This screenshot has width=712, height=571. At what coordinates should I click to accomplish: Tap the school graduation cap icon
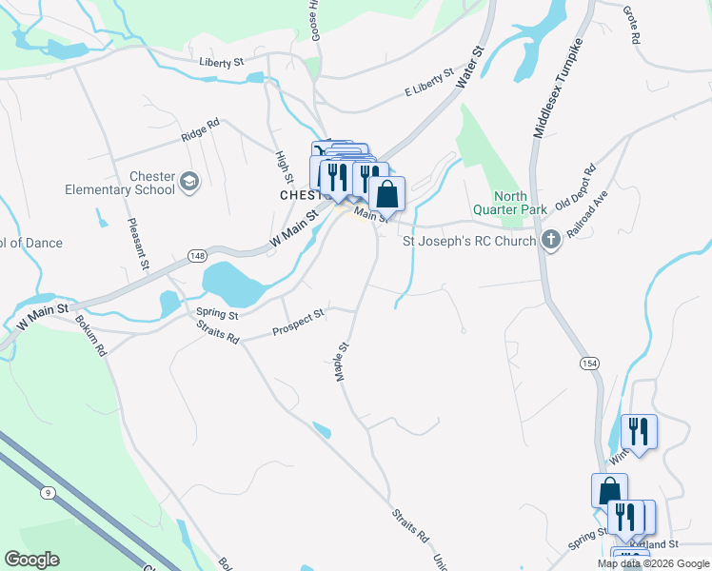[189, 182]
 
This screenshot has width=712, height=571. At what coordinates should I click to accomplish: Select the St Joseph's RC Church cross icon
[550, 240]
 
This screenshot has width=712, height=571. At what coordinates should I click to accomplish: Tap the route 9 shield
[46, 492]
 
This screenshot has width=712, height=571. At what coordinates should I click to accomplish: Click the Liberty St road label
[222, 63]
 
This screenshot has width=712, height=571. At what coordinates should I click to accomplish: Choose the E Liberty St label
[428, 84]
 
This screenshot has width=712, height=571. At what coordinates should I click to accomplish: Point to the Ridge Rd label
[201, 129]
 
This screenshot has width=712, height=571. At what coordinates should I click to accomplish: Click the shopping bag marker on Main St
[386, 194]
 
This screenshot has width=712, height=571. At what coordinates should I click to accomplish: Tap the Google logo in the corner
[31, 560]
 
